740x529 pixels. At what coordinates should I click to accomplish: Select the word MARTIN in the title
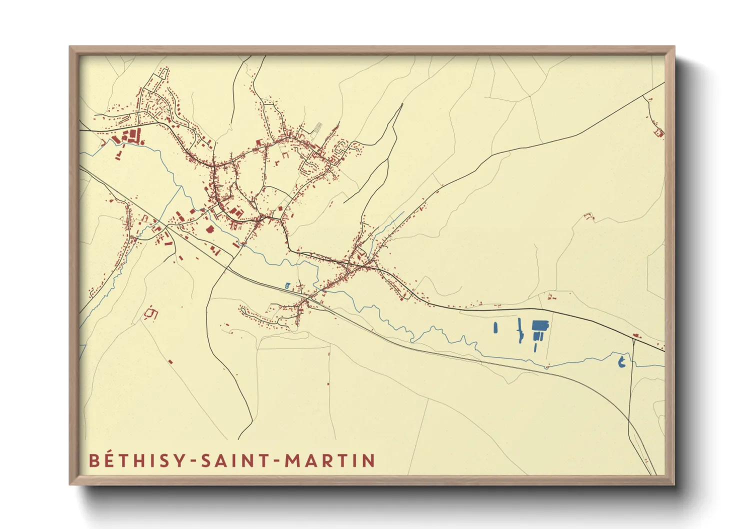click(x=330, y=460)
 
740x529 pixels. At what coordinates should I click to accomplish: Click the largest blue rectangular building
click(x=540, y=326)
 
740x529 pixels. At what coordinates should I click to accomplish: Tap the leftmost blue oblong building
click(x=495, y=328)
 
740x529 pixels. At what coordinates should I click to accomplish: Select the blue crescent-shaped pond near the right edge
click(x=621, y=361)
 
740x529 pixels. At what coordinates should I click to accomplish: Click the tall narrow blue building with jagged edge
click(x=519, y=330)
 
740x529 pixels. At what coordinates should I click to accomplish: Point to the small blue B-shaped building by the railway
click(x=287, y=285)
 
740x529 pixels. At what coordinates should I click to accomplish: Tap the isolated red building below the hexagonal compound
click(x=170, y=361)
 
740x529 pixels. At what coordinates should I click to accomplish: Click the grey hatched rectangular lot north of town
click(x=317, y=128)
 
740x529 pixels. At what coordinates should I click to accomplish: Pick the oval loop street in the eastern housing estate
click(x=342, y=148)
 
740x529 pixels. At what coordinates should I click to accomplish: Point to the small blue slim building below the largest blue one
click(x=535, y=347)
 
